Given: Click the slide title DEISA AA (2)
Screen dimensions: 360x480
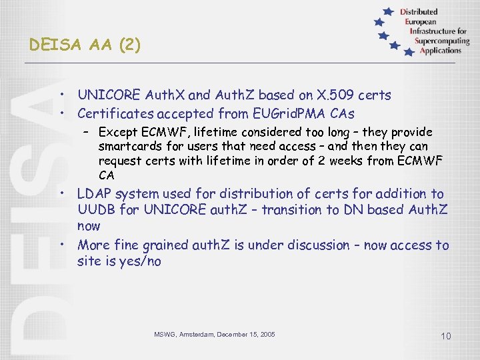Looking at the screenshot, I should pos(85,45).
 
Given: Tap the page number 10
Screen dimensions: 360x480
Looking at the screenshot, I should pos(446,336).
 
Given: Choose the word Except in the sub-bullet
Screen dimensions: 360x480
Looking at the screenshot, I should pos(118,132).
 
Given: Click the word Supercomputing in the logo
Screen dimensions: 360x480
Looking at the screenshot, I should pos(441,41).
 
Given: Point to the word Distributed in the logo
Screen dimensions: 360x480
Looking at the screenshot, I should pos(419,11).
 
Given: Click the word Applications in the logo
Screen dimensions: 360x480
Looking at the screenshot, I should pos(441,50).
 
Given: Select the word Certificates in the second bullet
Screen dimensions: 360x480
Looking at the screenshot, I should pos(114,113).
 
